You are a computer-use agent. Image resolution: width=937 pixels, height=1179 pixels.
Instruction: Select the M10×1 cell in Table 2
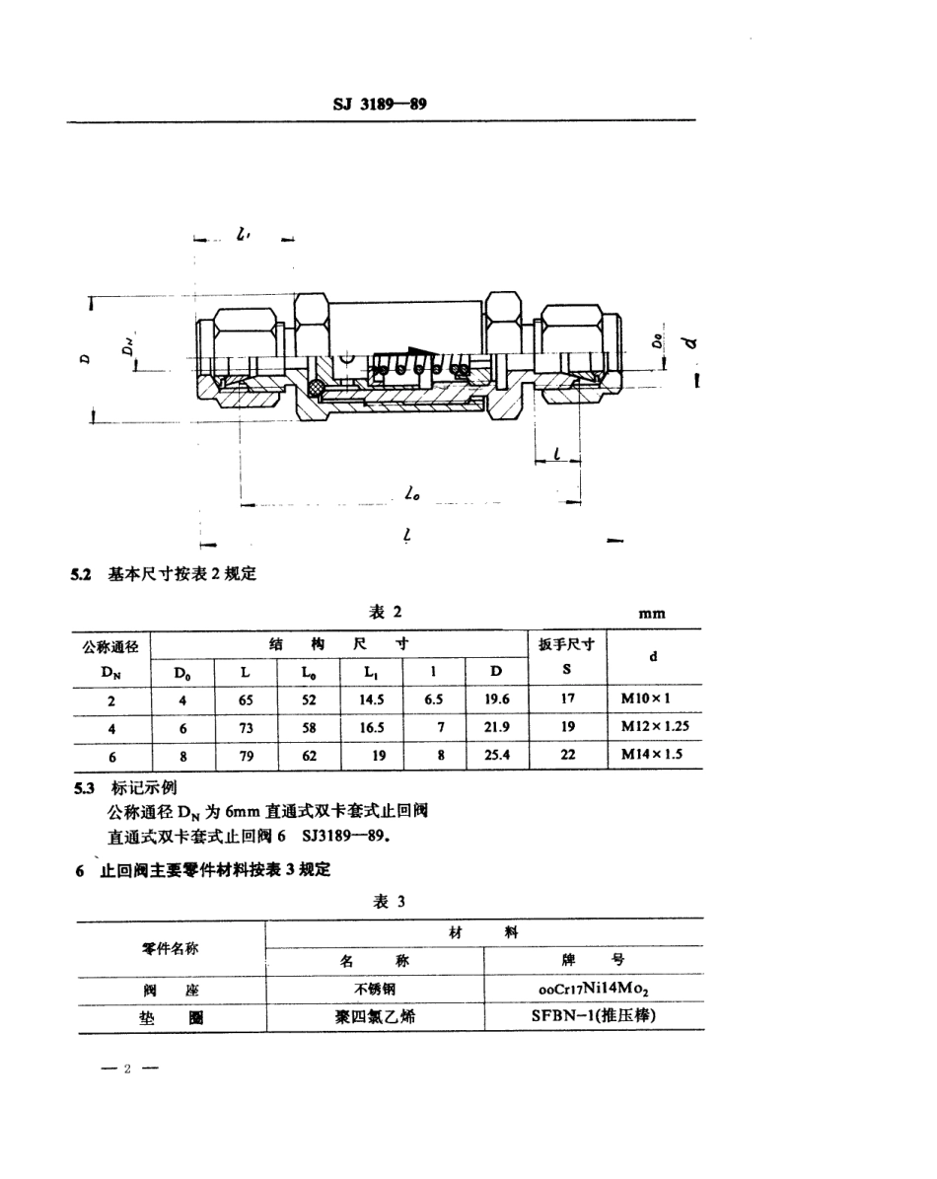coord(653,700)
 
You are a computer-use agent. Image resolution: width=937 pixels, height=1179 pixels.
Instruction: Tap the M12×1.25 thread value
coord(653,728)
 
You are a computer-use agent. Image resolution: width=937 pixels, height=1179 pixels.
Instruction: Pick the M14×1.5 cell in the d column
coord(653,756)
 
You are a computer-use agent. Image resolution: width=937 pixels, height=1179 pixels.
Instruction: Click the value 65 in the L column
coord(246,700)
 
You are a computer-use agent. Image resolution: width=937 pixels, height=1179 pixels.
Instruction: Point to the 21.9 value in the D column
coord(496,728)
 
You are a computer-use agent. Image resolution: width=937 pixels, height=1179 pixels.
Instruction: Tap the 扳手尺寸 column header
coord(566,645)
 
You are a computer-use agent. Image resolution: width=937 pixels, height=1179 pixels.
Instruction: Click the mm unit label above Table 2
coord(652,613)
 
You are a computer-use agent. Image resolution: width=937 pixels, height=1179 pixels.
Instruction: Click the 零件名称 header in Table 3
coord(170,947)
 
